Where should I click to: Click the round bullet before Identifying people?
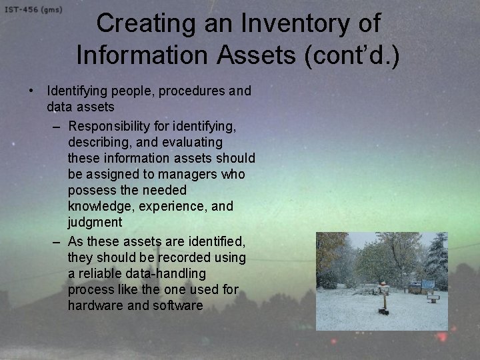pyautogui.click(x=31, y=91)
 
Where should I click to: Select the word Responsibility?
pyautogui.click(x=111, y=125)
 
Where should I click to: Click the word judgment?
pyautogui.click(x=95, y=222)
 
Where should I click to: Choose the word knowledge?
pyautogui.click(x=101, y=206)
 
